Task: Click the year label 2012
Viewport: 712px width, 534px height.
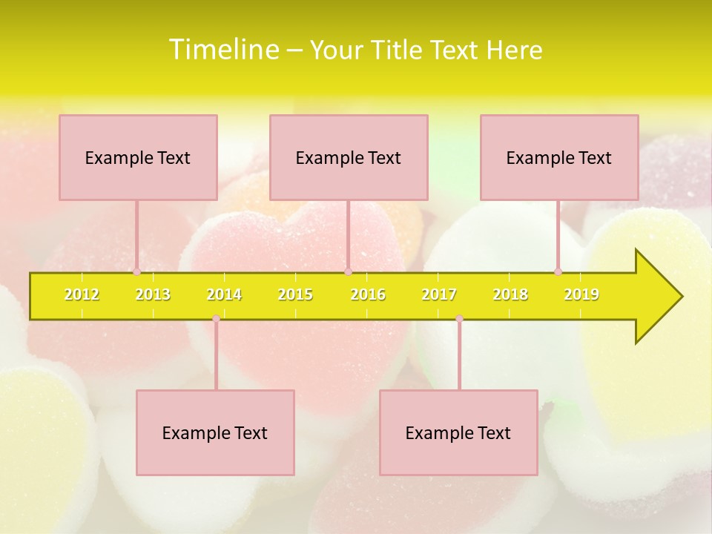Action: pos(82,294)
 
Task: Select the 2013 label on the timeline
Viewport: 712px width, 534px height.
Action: pos(153,294)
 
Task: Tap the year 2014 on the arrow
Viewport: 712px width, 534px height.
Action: pos(224,294)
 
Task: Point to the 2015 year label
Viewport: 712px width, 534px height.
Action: pos(295,294)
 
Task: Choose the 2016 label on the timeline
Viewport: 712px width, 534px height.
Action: pos(368,294)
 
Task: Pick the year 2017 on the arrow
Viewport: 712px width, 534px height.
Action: pos(439,294)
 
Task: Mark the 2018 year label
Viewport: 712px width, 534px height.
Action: pos(510,294)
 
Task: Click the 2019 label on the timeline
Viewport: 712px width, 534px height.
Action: pos(581,294)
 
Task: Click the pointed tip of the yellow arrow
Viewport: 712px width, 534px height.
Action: pos(680,297)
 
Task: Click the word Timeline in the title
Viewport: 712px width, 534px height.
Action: pos(223,50)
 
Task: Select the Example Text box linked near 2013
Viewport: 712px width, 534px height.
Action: pos(138,157)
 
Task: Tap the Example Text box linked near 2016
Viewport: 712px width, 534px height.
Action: pos(349,157)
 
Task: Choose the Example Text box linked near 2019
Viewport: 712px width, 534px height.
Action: pos(559,157)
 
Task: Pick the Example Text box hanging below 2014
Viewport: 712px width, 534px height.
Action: pos(215,432)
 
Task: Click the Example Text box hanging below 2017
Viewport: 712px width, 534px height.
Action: pos(458,432)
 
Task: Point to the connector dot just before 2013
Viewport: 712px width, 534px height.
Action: pos(137,272)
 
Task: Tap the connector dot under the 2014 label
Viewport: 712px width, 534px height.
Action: pos(216,318)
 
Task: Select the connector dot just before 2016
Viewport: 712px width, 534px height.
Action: pos(348,272)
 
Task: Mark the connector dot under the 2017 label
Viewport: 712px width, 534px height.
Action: pos(459,318)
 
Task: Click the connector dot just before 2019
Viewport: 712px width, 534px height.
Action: pos(558,272)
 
